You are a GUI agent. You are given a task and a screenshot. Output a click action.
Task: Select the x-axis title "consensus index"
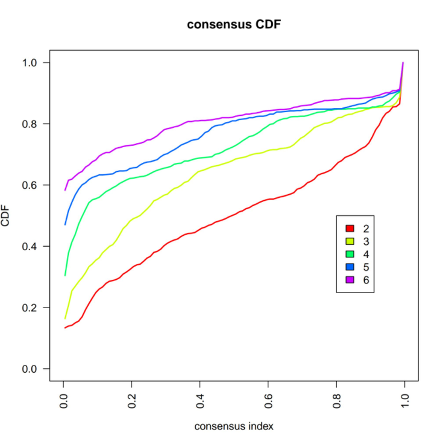(233, 426)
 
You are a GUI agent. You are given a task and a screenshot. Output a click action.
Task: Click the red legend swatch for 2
(348, 229)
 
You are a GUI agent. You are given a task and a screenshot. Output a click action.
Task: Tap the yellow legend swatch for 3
(348, 241)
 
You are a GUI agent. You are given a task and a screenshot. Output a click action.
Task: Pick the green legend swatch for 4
(348, 254)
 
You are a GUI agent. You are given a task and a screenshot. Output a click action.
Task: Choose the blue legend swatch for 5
(348, 267)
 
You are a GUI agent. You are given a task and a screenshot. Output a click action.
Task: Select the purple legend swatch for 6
(348, 279)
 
